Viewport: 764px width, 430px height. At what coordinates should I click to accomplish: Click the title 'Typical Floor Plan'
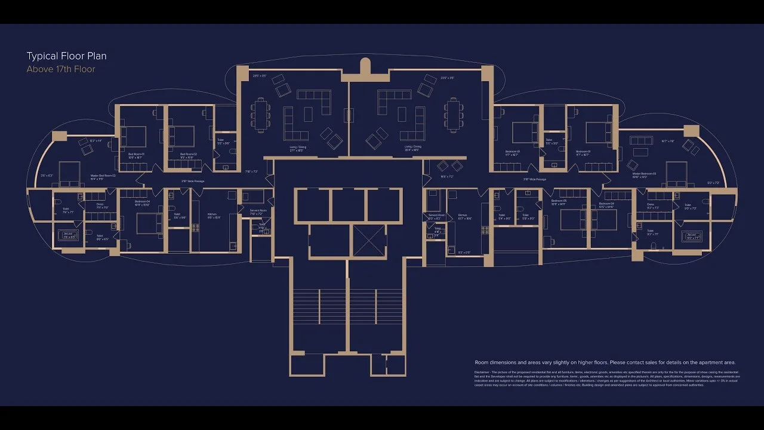(x=66, y=56)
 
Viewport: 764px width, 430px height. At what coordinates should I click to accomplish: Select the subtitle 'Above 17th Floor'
(x=61, y=69)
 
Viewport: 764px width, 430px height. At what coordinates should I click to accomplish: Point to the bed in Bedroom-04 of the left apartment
(x=145, y=224)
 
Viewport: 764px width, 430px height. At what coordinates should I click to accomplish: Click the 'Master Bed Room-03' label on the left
(x=103, y=176)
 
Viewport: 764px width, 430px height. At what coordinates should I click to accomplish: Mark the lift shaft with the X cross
(x=369, y=241)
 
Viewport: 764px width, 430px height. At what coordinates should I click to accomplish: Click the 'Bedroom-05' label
(x=559, y=201)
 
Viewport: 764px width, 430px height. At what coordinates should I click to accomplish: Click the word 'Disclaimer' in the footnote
(x=484, y=372)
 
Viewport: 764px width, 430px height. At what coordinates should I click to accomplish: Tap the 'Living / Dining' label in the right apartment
(x=412, y=146)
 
